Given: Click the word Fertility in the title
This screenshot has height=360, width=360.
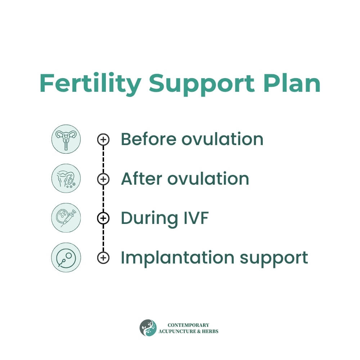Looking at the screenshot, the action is click(90, 84).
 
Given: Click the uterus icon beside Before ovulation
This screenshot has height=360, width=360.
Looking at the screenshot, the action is click(66, 139).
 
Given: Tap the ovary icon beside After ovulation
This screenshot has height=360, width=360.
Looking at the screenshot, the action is click(66, 179).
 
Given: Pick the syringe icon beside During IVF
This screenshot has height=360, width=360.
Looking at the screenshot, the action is click(66, 218).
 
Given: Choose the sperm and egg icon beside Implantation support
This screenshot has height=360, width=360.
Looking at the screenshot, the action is click(66, 257).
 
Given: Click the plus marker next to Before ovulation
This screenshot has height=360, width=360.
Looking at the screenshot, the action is click(103, 139).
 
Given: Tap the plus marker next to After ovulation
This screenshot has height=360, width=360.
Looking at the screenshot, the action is click(103, 179).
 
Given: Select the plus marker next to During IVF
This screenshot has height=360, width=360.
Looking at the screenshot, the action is click(103, 218).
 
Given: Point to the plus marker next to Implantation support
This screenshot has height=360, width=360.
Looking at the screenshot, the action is click(103, 258).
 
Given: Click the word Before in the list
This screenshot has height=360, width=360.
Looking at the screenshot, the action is click(149, 139).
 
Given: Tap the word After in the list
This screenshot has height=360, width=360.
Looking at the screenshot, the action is click(141, 179).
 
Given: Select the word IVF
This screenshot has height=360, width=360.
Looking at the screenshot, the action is click(196, 218).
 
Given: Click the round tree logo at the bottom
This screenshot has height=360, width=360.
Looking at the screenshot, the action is click(148, 328).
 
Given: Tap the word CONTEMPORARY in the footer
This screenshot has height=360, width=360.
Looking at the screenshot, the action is click(189, 325).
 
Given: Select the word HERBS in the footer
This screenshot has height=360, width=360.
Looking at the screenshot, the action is click(210, 331).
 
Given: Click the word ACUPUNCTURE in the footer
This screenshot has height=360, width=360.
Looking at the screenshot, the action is click(177, 331).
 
